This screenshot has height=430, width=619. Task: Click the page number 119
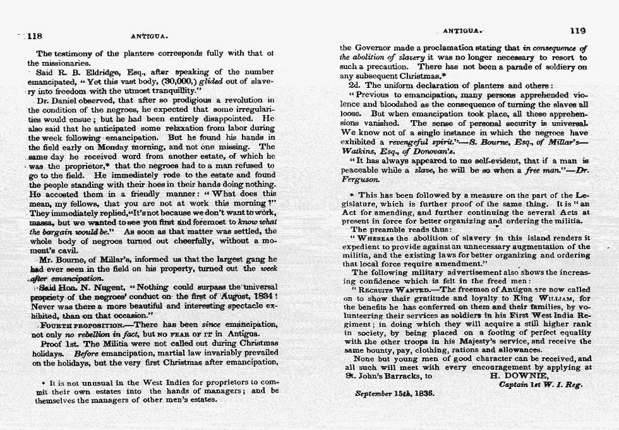pos(577,30)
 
